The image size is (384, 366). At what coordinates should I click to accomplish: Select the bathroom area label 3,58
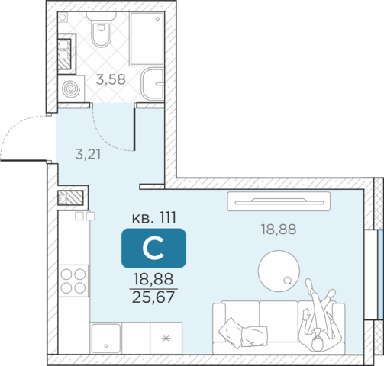pos(111,79)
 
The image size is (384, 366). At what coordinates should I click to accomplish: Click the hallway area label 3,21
pos(88,154)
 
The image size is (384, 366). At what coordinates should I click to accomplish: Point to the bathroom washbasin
pos(153,84)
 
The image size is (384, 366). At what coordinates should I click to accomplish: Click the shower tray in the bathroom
pos(147,38)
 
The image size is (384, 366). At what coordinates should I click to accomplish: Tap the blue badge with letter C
pos(153,248)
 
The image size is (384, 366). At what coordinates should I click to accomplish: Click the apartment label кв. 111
pos(154,218)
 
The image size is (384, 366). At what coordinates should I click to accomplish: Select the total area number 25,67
pos(153,297)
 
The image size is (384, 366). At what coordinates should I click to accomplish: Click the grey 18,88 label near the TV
pos(279,230)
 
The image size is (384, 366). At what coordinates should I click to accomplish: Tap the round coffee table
pos(279,271)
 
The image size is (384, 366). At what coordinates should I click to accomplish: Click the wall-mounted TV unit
pos(279,201)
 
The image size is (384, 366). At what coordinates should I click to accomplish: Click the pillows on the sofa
pos(243,332)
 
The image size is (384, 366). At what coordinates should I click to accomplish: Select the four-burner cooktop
pos(73,281)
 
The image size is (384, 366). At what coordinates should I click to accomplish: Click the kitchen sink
pos(106,338)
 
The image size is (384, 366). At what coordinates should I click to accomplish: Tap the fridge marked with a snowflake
pos(166,338)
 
